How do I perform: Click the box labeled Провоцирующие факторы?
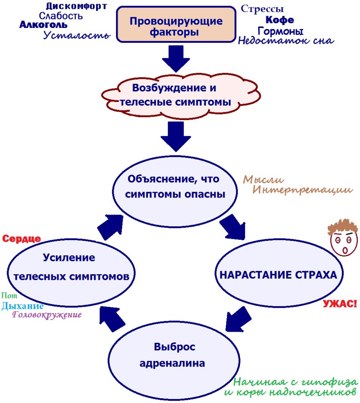click(x=175, y=26)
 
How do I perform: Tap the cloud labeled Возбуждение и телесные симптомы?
click(x=175, y=95)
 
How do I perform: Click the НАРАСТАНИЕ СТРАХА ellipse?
click(x=278, y=275)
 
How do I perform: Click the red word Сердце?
click(x=22, y=238)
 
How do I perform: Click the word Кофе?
click(x=280, y=20)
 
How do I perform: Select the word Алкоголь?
click(x=43, y=25)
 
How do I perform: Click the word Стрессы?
click(x=262, y=9)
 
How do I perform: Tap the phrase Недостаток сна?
click(x=286, y=41)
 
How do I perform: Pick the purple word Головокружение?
click(x=47, y=315)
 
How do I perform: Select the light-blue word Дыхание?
click(x=22, y=306)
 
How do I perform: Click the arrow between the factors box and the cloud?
click(x=175, y=58)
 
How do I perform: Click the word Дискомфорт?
click(x=76, y=6)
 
